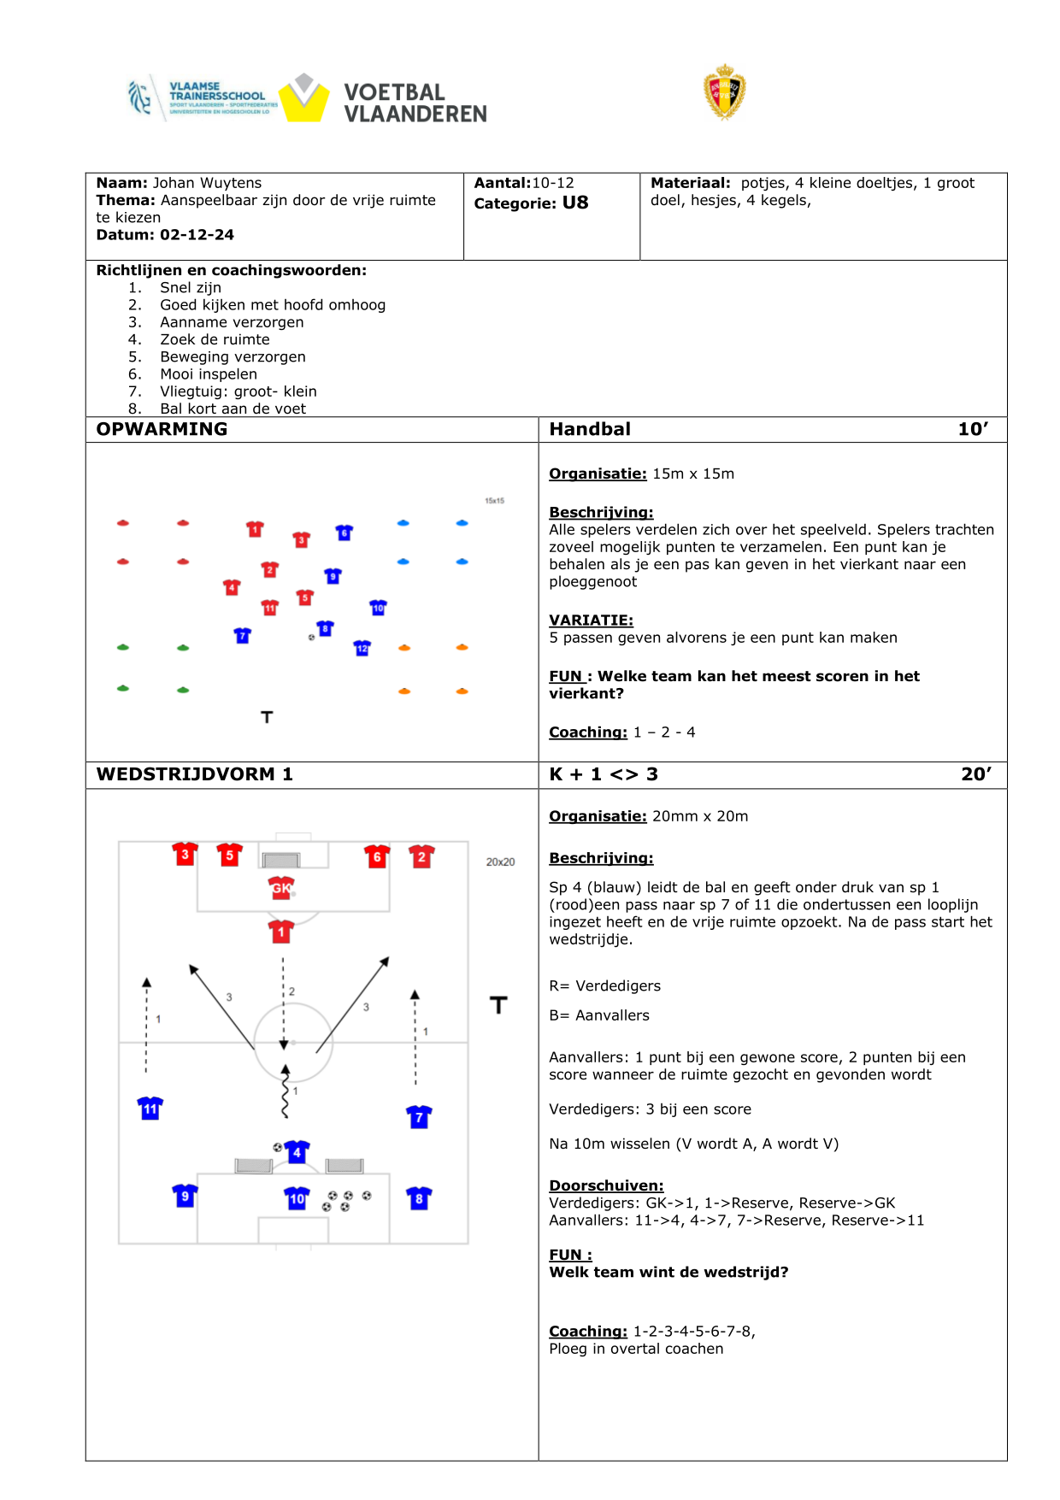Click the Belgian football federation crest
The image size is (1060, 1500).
tap(724, 92)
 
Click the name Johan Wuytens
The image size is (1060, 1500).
tap(207, 183)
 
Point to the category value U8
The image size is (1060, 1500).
tap(575, 203)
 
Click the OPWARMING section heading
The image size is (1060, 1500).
tap(162, 429)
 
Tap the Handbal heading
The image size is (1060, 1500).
tap(590, 429)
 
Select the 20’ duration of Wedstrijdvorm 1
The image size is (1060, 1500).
tap(976, 774)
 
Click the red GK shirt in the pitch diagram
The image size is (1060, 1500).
tap(281, 888)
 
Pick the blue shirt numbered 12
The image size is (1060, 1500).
tap(362, 648)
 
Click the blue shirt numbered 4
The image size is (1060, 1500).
tap(297, 1152)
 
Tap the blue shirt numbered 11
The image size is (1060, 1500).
tap(150, 1109)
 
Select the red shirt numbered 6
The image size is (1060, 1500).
tap(377, 856)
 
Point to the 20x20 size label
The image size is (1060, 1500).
tap(500, 862)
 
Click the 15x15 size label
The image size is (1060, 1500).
tap(494, 501)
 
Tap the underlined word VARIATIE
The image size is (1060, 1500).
tap(591, 621)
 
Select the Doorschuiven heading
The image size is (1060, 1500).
tap(606, 1185)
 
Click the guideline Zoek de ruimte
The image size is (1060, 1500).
tap(215, 339)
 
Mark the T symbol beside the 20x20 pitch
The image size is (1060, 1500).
tap(498, 1005)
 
